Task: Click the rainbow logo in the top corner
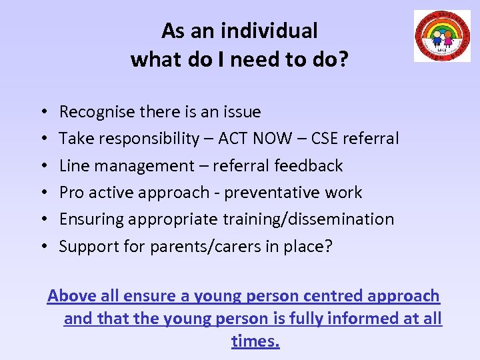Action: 442,36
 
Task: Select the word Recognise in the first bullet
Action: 98,112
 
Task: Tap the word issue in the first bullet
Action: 241,112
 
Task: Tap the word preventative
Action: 278,193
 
